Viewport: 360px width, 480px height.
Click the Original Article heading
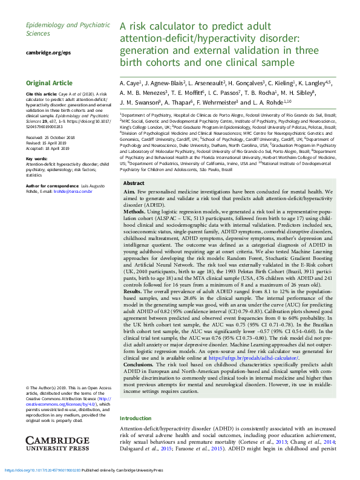pos(50,83)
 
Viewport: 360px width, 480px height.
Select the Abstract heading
pos(134,183)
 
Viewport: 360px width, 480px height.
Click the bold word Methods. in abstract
pos(137,212)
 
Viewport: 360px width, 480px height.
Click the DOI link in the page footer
pos(42,470)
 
